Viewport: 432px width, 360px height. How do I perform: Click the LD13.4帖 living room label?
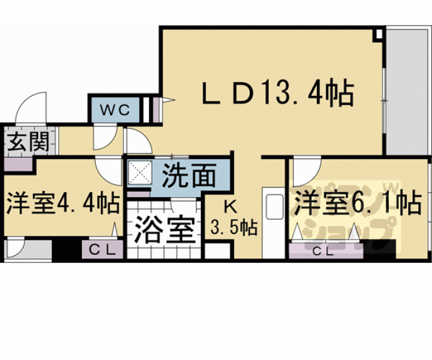coord(277,94)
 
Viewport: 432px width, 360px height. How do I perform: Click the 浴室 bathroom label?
coord(162,230)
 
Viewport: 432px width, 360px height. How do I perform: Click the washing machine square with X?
coord(138,172)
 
